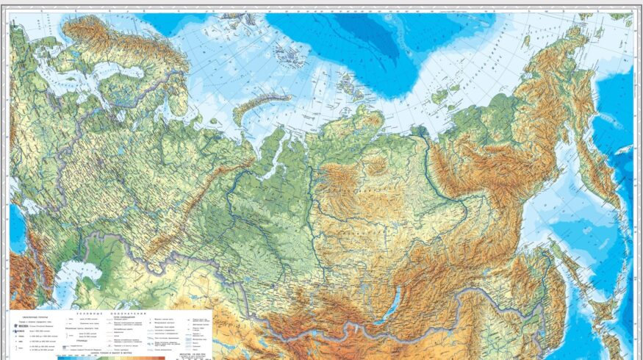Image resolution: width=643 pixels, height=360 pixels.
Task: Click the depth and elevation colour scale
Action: click(110, 356)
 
